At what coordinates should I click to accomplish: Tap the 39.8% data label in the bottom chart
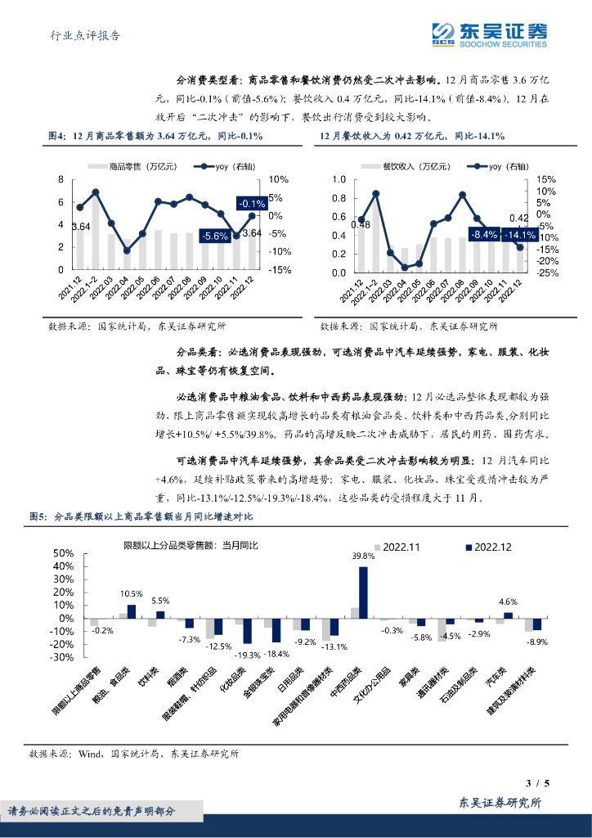tap(363, 556)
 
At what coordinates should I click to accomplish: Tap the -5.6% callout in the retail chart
tap(214, 236)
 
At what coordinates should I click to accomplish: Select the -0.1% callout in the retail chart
tap(251, 203)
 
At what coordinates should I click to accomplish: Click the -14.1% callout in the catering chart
tap(519, 234)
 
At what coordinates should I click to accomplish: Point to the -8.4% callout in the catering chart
tap(483, 234)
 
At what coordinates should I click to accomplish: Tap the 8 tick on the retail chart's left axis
tap(61, 179)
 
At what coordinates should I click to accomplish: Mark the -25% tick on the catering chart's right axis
tap(548, 274)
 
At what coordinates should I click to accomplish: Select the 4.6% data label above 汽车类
tap(508, 601)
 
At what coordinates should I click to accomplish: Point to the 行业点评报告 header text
tap(80, 35)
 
